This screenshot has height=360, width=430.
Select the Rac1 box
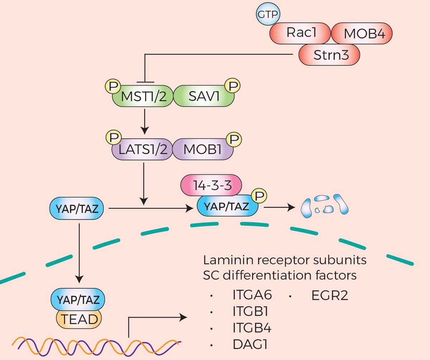pyautogui.click(x=301, y=33)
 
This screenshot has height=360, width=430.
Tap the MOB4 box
pyautogui.click(x=363, y=34)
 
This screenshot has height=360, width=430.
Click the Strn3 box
pyautogui.click(x=329, y=55)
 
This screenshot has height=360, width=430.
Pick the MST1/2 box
pyautogui.click(x=143, y=96)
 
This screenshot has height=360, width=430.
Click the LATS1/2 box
pyautogui.click(x=143, y=149)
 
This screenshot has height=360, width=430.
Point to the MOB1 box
pyautogui.click(x=203, y=149)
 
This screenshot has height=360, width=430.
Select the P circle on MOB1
pyautogui.click(x=235, y=139)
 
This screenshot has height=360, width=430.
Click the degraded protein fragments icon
pyautogui.click(x=324, y=206)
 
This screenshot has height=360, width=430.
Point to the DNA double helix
pyautogui.click(x=97, y=345)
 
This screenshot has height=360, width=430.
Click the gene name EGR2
pyautogui.click(x=330, y=296)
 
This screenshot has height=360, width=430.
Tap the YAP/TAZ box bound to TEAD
pyautogui.click(x=78, y=299)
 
